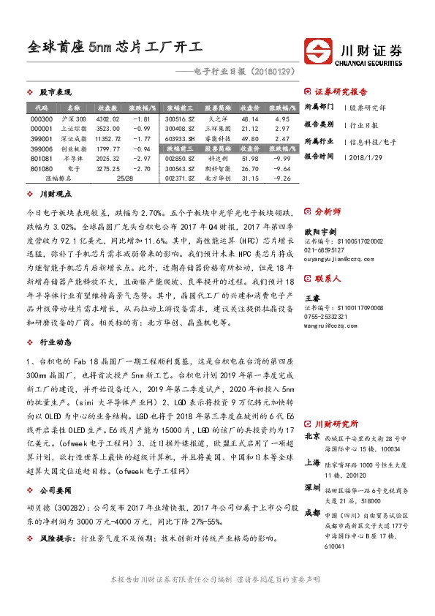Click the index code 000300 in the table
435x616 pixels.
(x=42, y=119)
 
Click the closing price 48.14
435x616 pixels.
(x=249, y=119)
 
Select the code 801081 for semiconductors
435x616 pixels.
(x=42, y=157)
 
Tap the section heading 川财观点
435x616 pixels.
(x=55, y=195)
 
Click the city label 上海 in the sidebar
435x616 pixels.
(x=311, y=462)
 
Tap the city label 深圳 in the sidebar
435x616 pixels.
(x=311, y=487)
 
